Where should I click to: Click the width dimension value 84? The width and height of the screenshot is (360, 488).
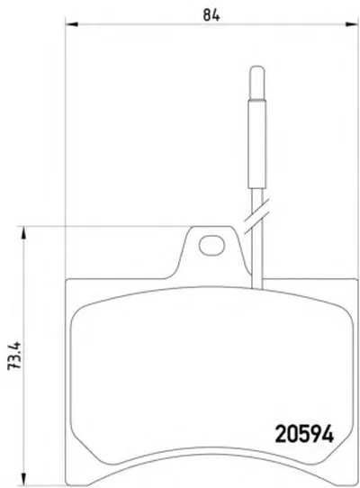[x=211, y=14]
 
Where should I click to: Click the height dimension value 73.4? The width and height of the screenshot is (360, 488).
[x=14, y=356]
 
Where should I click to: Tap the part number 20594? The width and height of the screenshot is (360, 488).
[x=304, y=434]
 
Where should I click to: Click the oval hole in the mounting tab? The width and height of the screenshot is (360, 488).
[x=211, y=246]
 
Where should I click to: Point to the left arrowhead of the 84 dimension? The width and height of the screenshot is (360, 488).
[x=72, y=24]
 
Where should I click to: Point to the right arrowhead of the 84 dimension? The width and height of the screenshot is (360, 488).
[x=352, y=24]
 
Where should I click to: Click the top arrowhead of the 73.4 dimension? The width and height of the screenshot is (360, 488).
[x=23, y=233]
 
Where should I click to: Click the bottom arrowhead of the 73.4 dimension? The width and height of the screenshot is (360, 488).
[x=23, y=479]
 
